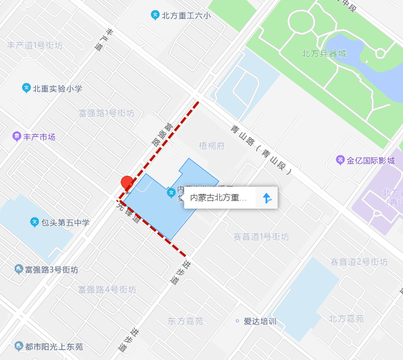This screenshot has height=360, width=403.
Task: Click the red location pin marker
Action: (x=127, y=183)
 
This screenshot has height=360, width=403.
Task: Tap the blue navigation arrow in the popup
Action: (x=267, y=198)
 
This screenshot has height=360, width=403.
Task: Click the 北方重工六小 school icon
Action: (x=155, y=16)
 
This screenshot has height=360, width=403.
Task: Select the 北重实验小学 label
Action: (x=57, y=89)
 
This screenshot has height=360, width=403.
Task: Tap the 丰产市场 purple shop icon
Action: (x=17, y=137)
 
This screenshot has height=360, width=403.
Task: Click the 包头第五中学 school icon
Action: (x=35, y=223)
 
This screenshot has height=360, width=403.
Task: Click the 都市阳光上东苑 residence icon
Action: (x=19, y=346)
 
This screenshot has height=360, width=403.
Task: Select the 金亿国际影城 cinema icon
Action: (x=340, y=160)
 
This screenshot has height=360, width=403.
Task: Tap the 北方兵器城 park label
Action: (x=324, y=54)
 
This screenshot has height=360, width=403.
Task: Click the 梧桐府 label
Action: (x=212, y=146)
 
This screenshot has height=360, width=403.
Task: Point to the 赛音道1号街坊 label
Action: (x=261, y=237)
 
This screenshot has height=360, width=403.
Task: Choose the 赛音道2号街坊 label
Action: (x=359, y=262)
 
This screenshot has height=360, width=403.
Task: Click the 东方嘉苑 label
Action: (x=185, y=321)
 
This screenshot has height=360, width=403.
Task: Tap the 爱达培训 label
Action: (x=260, y=321)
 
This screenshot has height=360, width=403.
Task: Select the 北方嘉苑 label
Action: (x=346, y=319)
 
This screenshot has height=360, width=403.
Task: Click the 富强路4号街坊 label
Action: (x=107, y=289)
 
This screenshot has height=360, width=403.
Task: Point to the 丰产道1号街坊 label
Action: (x=35, y=45)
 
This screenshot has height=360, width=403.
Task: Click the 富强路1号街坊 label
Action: (x=107, y=113)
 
